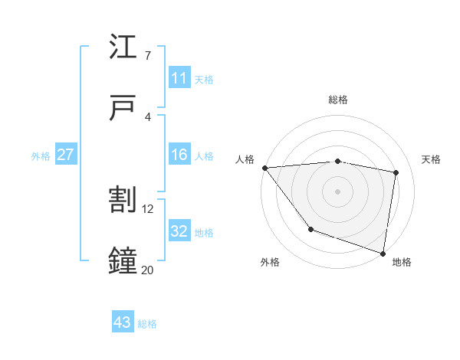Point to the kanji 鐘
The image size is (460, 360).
pos(123,260)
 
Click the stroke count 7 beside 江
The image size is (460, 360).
pos(148,56)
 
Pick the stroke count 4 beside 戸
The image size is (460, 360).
pos(148,116)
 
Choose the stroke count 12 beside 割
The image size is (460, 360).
pos(148,208)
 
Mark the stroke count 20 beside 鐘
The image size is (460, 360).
pos(148,269)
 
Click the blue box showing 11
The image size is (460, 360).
pos(179,77)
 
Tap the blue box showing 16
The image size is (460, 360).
pos(179,155)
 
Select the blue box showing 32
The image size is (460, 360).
pos(179,231)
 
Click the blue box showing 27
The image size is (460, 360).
pos(66,155)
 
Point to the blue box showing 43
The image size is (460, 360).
pos(123,322)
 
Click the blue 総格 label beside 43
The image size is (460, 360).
pos(147,324)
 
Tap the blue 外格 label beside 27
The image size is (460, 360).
pos(41,156)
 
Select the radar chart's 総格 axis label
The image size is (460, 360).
pos(337,100)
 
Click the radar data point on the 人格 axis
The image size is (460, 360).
pos(264,168)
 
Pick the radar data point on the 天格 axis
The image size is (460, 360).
pos(396,172)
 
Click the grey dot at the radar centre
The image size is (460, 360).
pos(337,191)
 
